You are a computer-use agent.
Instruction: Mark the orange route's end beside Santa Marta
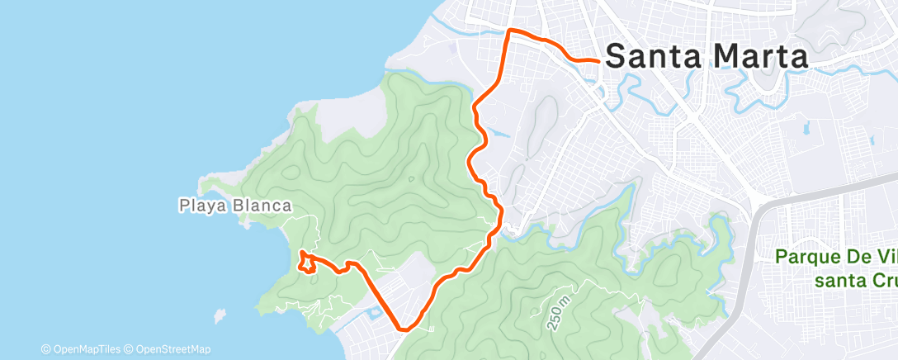click(597, 60)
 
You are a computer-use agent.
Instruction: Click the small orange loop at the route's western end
click(307, 263)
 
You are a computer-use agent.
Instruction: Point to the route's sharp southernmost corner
click(404, 329)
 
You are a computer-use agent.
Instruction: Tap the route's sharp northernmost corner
click(508, 31)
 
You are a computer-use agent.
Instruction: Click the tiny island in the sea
click(219, 316)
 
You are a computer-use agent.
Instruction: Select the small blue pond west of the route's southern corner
click(372, 312)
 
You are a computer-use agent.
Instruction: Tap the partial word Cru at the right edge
click(880, 280)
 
